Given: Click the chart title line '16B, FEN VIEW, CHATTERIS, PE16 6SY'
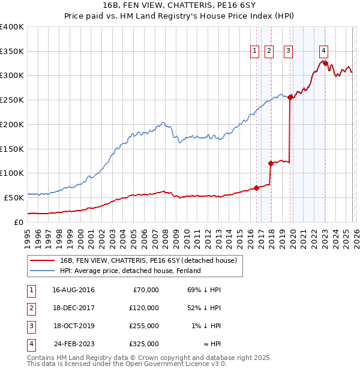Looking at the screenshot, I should point(179,6).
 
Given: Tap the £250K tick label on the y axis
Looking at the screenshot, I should point(12,100).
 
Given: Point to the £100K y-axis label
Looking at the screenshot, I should point(12,173).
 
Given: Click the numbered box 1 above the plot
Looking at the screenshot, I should point(255,52).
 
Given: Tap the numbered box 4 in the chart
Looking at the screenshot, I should point(323,52).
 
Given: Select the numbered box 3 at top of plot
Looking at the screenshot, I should point(289,52).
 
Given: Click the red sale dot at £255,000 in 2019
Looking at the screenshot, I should point(290,97).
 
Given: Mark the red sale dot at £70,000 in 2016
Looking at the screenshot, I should point(256,188).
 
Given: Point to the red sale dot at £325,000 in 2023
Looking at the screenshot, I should point(325,63).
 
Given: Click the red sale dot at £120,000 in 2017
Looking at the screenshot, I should point(271,163).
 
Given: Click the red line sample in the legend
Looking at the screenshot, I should point(42,260).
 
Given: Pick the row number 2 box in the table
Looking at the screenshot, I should point(31,308).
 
